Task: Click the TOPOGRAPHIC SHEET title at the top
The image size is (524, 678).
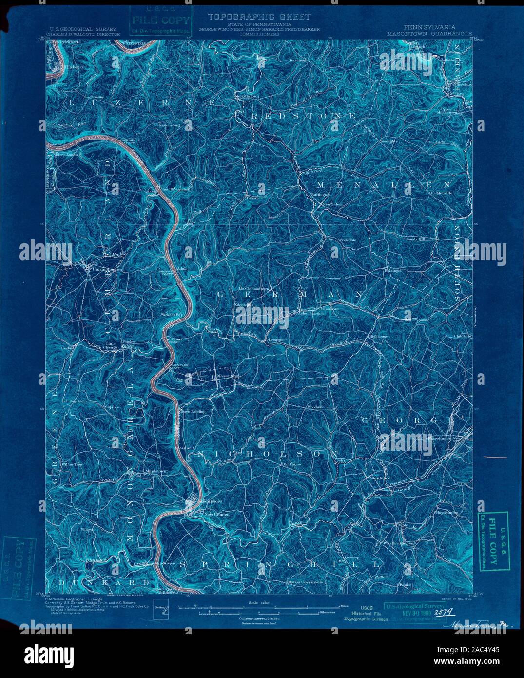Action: pos(259,17)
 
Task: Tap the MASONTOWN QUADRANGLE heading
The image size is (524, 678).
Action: pos(429,34)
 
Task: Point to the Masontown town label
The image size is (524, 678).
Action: pos(228,376)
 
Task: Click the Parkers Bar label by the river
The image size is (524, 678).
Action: pos(172,315)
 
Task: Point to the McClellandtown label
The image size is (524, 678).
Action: pos(253,288)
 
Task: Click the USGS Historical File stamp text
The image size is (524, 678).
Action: pos(366,612)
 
